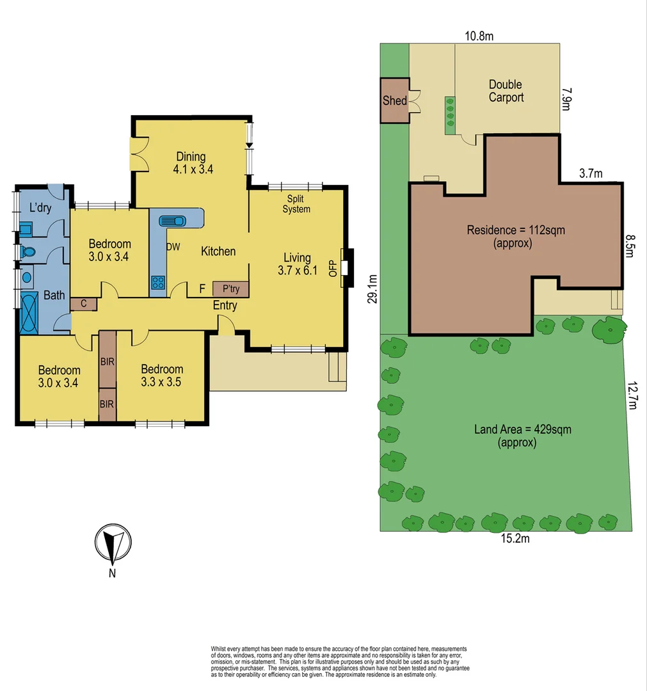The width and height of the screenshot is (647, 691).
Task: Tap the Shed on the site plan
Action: pyautogui.click(x=395, y=100)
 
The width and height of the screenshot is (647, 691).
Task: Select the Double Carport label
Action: pyautogui.click(x=506, y=91)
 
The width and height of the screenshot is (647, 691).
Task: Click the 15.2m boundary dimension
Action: pyautogui.click(x=515, y=539)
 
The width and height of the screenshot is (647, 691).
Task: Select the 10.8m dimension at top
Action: pyautogui.click(x=479, y=36)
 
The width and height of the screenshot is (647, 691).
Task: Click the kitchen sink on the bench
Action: pyautogui.click(x=172, y=221)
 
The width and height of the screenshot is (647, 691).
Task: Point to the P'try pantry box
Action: pyautogui.click(x=230, y=289)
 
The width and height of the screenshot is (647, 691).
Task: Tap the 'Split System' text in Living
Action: pyautogui.click(x=298, y=204)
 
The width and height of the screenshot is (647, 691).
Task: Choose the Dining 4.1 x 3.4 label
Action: pyautogui.click(x=191, y=163)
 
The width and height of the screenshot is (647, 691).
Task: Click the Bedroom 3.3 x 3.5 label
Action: pyautogui.click(x=162, y=376)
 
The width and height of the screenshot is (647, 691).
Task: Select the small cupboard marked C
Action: pyautogui.click(x=83, y=304)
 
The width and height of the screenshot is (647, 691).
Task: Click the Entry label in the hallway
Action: pyautogui.click(x=225, y=305)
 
